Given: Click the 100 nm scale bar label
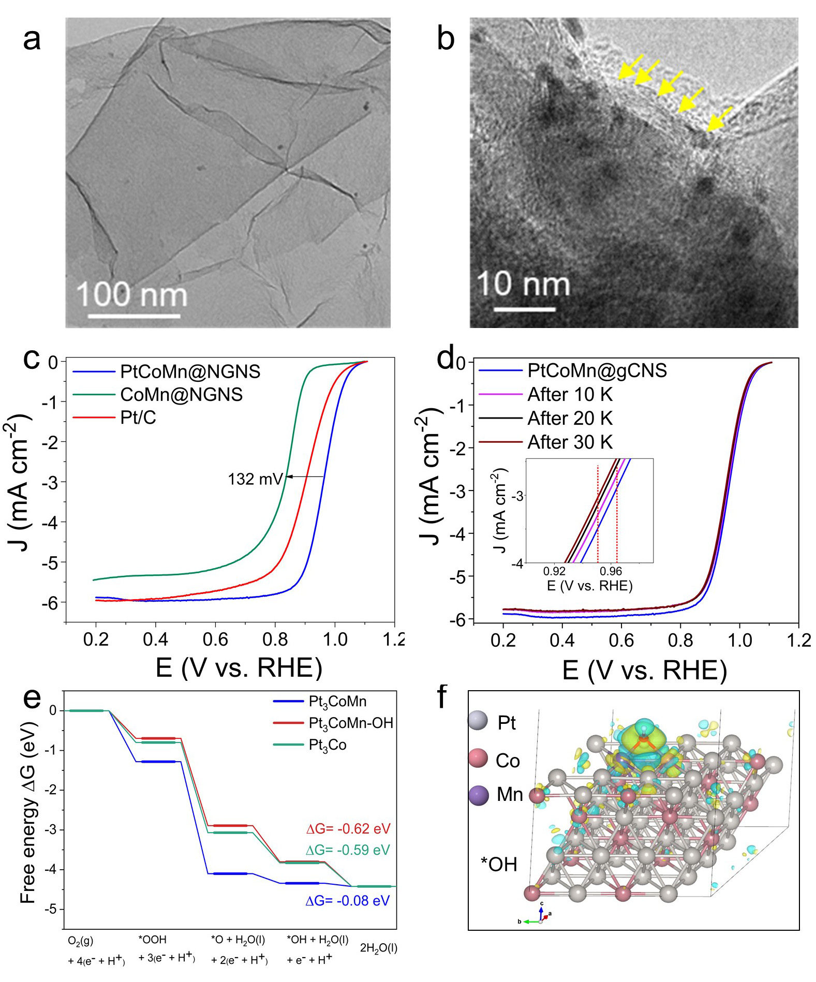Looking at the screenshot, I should [x=131, y=295].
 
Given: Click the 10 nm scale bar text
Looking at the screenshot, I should [x=523, y=284].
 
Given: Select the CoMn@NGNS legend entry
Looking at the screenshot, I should [x=181, y=395].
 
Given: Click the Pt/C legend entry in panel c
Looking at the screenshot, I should [x=138, y=418].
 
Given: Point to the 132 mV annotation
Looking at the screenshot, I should [x=256, y=479].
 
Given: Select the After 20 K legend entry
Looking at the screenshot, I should [x=570, y=419].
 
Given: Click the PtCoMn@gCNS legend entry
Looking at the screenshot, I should [x=597, y=371].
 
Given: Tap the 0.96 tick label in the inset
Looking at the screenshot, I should [x=611, y=572].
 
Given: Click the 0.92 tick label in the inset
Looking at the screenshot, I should [x=554, y=572].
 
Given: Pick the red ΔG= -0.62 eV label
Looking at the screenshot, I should [x=348, y=828].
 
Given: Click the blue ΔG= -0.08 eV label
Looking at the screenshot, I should [x=347, y=901].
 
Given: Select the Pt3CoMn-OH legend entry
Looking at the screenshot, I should [x=350, y=723].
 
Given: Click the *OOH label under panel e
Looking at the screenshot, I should [x=152, y=940].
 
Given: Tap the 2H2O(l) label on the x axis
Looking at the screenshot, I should [x=378, y=948].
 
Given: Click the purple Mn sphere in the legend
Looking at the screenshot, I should [x=478, y=795].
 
